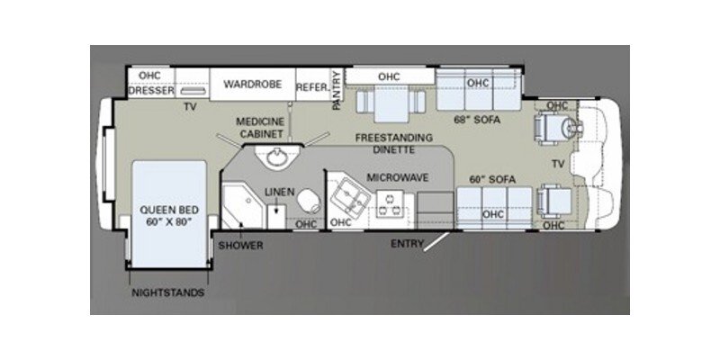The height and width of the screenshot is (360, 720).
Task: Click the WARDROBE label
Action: click(x=252, y=85)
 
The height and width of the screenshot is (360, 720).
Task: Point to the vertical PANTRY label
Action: click(x=337, y=91)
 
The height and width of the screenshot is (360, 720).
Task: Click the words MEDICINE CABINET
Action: click(x=260, y=126)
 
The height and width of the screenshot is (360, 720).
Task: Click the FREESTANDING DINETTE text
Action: click(x=393, y=144)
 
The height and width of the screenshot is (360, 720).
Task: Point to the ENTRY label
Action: click(x=408, y=243)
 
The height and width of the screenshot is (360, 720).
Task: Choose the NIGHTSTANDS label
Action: click(x=168, y=293)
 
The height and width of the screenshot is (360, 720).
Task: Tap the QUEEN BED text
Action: click(x=162, y=216)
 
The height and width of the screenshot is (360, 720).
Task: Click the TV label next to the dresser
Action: click(x=190, y=106)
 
